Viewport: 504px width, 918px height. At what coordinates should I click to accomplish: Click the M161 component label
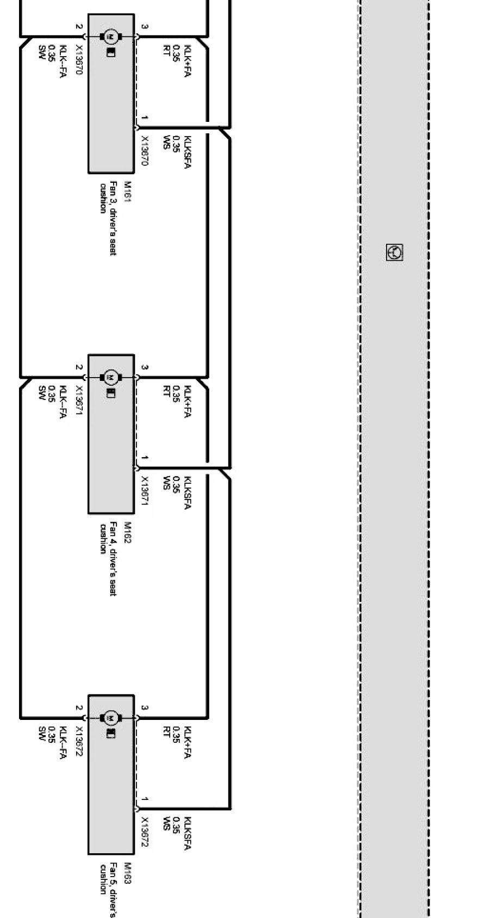pyautogui.click(x=127, y=192)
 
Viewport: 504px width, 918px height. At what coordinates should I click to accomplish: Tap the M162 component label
pyautogui.click(x=127, y=533)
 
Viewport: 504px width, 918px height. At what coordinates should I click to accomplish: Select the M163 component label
pyautogui.click(x=127, y=873)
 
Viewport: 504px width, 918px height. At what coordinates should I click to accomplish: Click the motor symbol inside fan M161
pyautogui.click(x=110, y=36)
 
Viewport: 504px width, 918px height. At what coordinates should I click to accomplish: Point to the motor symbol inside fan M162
pyautogui.click(x=110, y=377)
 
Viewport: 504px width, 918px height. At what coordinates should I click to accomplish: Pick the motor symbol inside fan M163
pyautogui.click(x=110, y=718)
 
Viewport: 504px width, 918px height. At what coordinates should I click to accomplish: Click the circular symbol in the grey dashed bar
pyautogui.click(x=394, y=252)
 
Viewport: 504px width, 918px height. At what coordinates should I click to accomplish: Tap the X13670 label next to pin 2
pyautogui.click(x=79, y=60)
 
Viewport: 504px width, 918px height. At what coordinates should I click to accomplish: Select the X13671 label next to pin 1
pyautogui.click(x=145, y=491)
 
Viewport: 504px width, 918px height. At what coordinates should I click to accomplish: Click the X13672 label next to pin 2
pyautogui.click(x=79, y=741)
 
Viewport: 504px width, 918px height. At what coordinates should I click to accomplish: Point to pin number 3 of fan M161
pyautogui.click(x=144, y=26)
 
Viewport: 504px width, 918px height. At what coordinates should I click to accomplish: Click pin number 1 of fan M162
pyautogui.click(x=144, y=458)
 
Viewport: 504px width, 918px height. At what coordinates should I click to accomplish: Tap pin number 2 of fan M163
pyautogui.click(x=79, y=708)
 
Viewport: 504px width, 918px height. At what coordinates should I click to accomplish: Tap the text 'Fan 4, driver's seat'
pyautogui.click(x=113, y=559)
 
